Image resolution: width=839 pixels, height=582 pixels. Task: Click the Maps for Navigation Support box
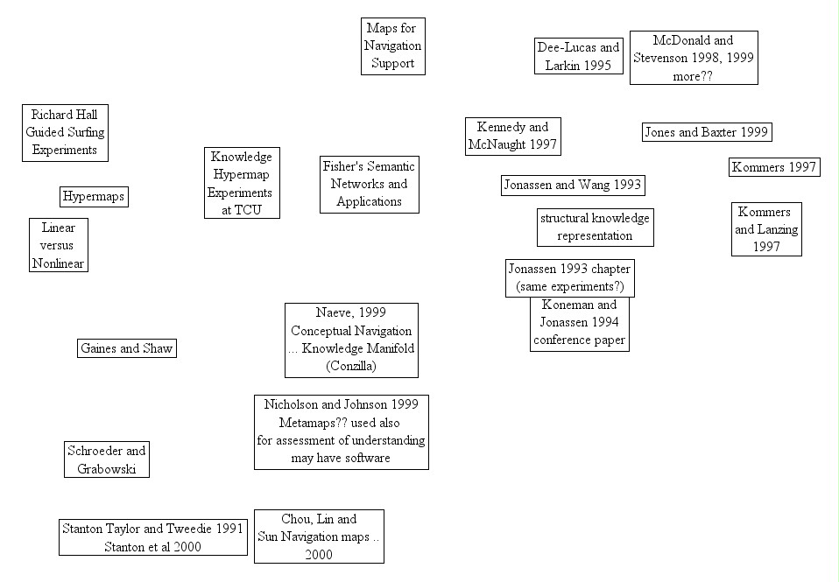pos(393,46)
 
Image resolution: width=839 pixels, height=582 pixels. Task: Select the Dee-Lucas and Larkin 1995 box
pos(578,56)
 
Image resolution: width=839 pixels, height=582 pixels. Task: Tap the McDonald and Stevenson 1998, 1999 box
pos(694,58)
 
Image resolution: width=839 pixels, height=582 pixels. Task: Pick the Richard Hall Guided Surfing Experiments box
pos(65,132)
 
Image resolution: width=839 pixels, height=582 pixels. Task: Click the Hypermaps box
pos(95,197)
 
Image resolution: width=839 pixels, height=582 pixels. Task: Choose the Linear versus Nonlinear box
pos(59,245)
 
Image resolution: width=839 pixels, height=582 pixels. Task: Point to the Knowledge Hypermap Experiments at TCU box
pos(242,183)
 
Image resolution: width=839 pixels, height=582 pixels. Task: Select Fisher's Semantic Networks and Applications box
pos(369,184)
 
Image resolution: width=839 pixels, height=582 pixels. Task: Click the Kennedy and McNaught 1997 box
pos(512,137)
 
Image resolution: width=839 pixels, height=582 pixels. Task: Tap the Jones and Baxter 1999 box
pos(707,132)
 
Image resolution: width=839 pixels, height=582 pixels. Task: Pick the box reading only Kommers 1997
pos(774,167)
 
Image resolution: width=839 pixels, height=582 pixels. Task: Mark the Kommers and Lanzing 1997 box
pos(766,229)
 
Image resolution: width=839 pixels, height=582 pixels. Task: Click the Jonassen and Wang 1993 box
pos(573,185)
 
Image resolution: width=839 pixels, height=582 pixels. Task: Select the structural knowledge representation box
pos(595,227)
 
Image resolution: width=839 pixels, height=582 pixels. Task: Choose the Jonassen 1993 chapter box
pos(569,277)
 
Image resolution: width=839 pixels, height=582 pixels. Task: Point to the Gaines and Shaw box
pos(127,348)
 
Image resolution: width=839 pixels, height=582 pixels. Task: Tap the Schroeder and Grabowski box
pos(108,459)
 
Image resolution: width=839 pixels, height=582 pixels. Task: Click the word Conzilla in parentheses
pos(350,366)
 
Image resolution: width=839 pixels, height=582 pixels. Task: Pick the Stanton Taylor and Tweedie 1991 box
pos(152,537)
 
